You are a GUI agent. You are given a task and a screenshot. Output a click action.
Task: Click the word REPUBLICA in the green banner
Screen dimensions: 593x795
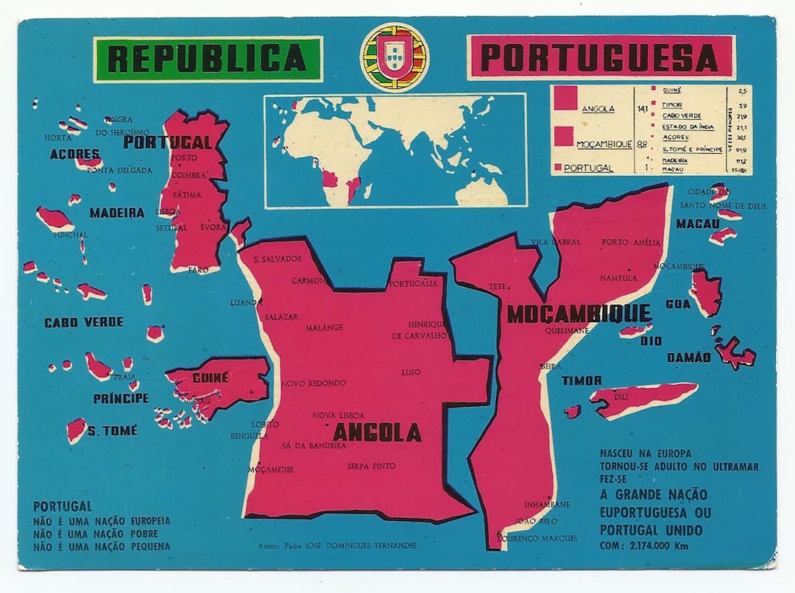click(x=207, y=59)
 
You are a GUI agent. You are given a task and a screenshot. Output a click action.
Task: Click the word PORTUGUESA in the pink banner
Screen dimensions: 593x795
click(x=601, y=58)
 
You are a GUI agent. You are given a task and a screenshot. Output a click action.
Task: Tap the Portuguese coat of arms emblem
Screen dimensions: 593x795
click(x=394, y=57)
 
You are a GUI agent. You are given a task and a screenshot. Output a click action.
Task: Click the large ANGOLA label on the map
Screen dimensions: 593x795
click(x=377, y=433)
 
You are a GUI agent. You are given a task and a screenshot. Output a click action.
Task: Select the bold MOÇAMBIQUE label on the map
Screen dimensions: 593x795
click(x=579, y=314)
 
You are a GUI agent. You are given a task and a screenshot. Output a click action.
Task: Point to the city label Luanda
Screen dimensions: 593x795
click(x=246, y=302)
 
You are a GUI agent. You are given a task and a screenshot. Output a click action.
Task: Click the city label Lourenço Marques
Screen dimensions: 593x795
click(x=538, y=538)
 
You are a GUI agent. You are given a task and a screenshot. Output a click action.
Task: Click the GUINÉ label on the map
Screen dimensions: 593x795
click(x=210, y=377)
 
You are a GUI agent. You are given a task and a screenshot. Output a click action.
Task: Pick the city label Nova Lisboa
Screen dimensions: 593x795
click(x=339, y=416)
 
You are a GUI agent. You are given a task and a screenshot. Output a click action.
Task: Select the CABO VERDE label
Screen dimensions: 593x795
click(x=84, y=322)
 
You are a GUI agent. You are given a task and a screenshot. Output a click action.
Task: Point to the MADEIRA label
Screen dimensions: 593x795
click(x=117, y=213)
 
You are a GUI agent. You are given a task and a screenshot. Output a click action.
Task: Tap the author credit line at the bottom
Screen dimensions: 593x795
click(x=337, y=546)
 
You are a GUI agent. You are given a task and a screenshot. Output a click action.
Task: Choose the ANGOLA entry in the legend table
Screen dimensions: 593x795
click(x=598, y=110)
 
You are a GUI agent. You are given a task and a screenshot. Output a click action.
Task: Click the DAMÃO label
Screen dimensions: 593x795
click(x=688, y=358)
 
